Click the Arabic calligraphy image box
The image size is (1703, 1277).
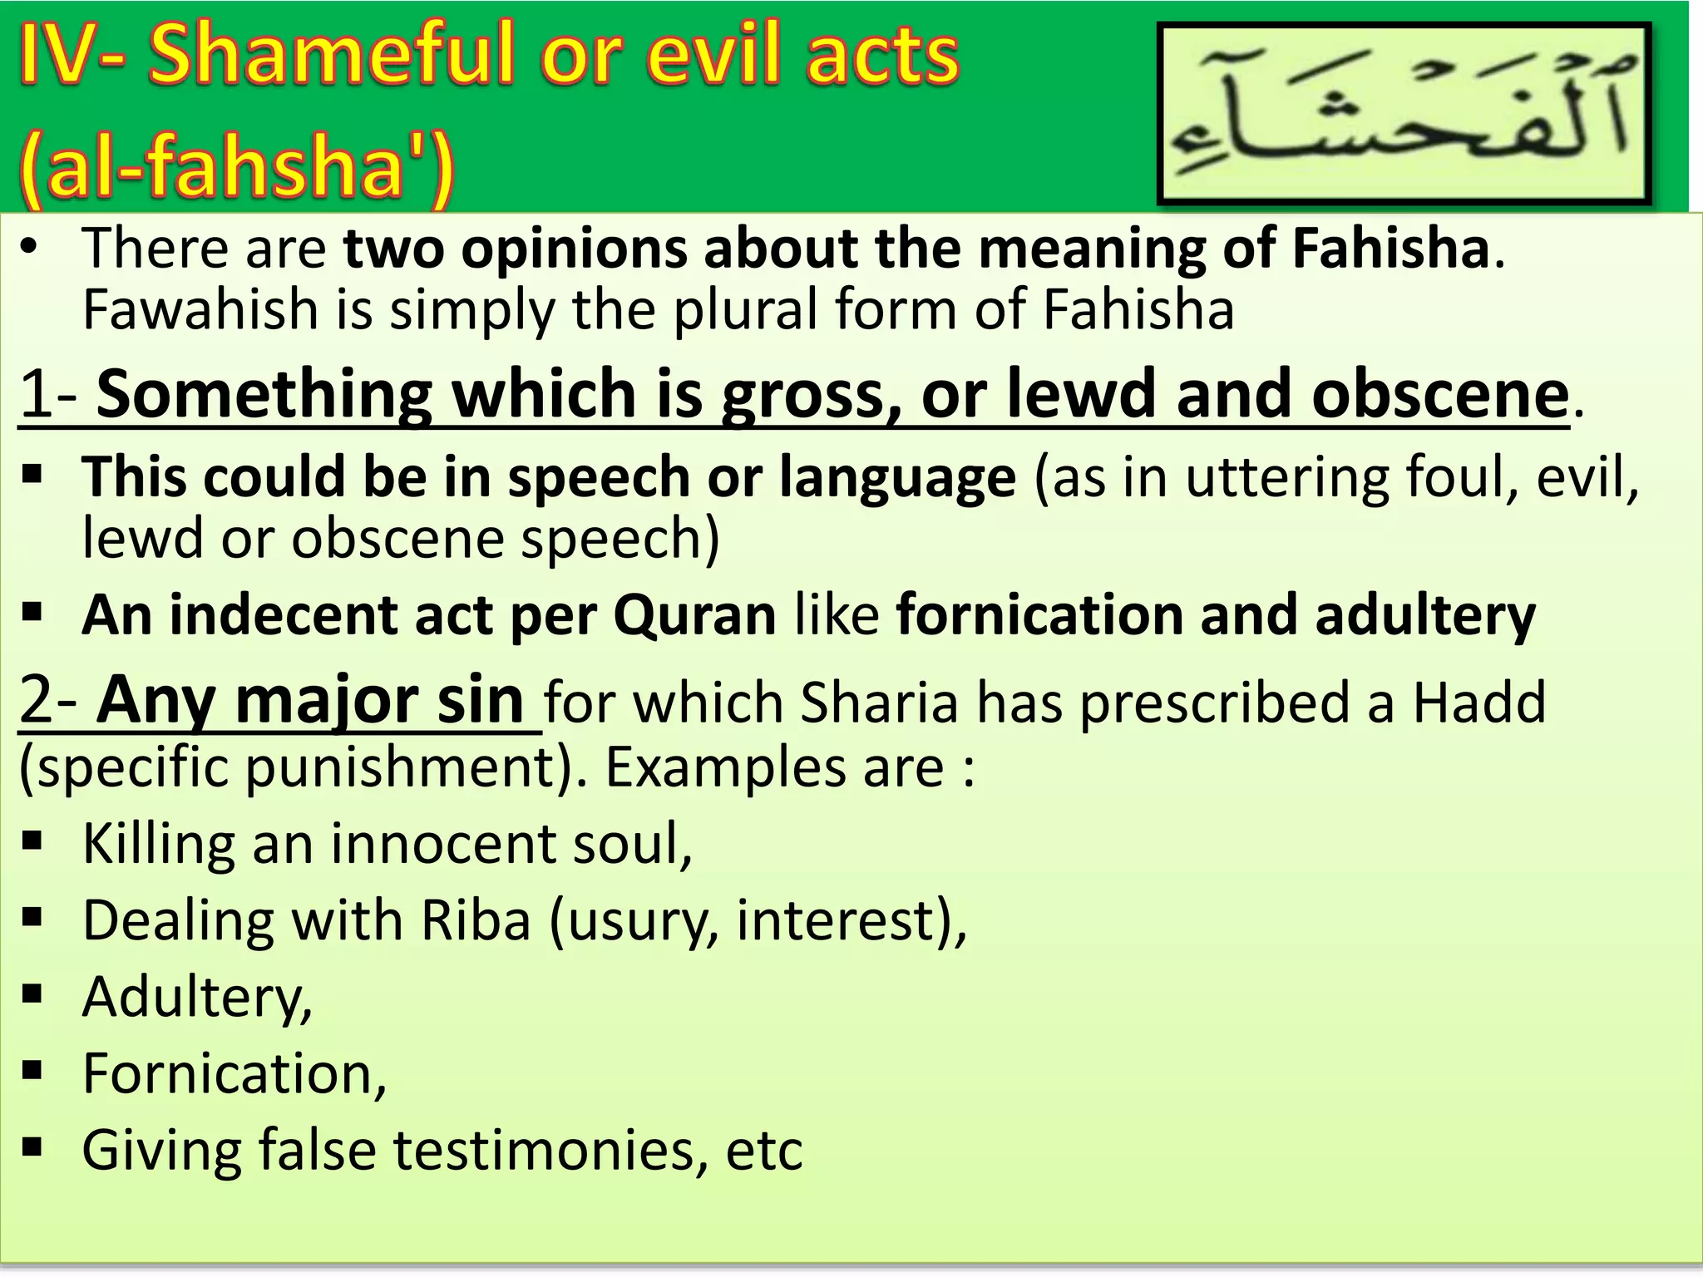tap(1404, 114)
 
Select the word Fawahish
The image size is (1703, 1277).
tap(200, 310)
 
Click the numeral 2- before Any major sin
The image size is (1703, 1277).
tap(48, 701)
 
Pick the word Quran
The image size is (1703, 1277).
tap(694, 616)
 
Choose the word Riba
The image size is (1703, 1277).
tap(476, 920)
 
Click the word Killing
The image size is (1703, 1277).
tap(158, 845)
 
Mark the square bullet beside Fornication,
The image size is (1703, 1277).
tap(32, 1070)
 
